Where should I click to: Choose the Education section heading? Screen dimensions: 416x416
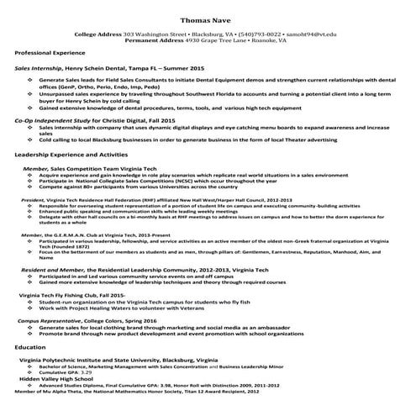(30, 346)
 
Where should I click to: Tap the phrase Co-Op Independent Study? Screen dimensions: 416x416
(49, 121)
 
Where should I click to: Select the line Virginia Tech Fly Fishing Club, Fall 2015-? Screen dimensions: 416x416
(71, 296)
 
